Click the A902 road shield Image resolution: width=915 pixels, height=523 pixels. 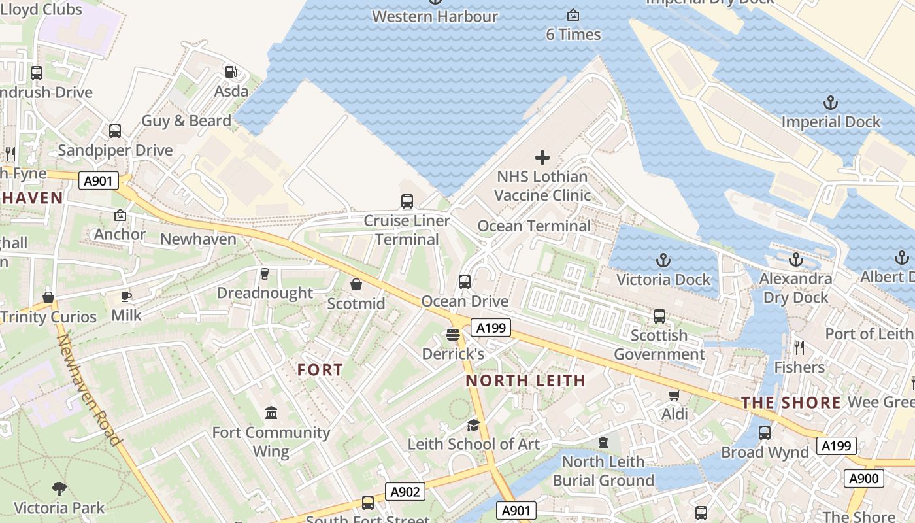point(405,492)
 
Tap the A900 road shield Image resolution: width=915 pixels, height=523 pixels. point(863,479)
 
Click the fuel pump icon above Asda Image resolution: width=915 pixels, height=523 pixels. point(231,72)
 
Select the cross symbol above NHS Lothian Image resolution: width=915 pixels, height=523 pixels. point(542,158)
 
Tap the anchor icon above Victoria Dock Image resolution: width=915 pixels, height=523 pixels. point(663,260)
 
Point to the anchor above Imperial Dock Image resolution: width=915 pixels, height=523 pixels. point(830,103)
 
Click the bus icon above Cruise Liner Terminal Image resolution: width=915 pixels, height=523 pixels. point(407,201)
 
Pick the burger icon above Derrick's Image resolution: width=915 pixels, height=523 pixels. point(453,335)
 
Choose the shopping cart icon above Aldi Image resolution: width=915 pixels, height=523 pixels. point(674,395)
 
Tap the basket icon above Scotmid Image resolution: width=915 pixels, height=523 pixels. point(356,284)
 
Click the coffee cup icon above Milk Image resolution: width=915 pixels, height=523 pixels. point(126,297)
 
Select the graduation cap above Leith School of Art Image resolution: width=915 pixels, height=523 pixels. point(473,425)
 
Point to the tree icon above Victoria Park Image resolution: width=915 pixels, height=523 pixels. point(59,488)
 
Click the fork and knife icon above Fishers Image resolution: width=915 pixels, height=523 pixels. point(799,347)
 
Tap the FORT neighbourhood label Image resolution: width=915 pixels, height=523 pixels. point(320,370)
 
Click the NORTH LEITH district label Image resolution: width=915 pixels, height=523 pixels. point(525,380)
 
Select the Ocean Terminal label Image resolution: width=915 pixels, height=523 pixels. point(534,226)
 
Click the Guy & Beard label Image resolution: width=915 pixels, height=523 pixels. point(186,121)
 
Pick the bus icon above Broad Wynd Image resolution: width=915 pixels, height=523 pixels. point(764,433)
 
